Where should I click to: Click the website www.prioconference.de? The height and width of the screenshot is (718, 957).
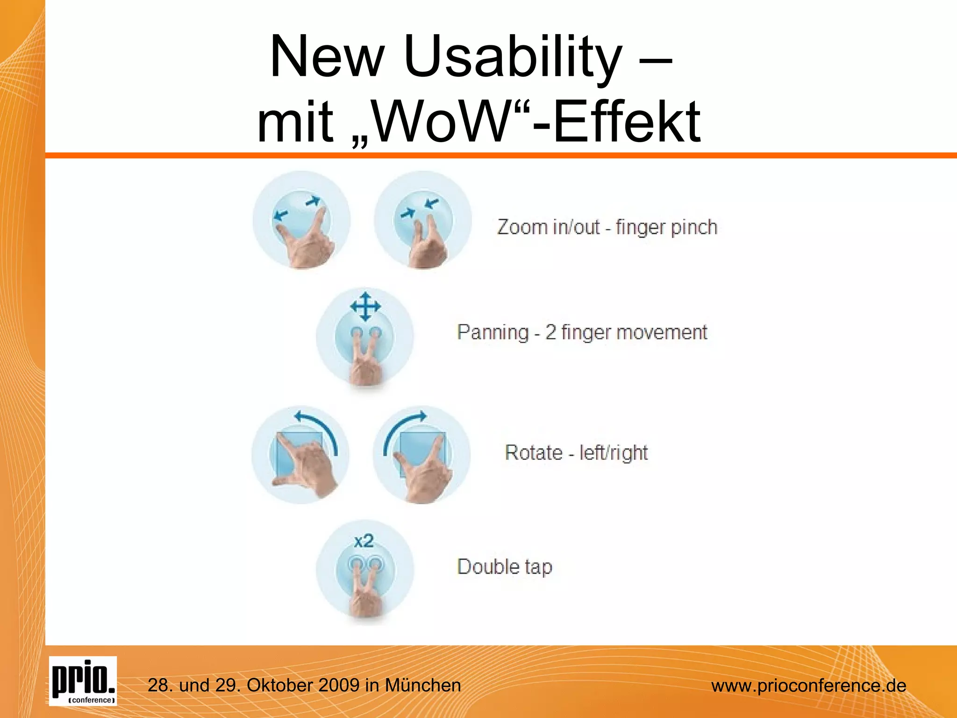[x=808, y=686]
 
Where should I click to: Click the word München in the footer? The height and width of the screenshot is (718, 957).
[x=423, y=685]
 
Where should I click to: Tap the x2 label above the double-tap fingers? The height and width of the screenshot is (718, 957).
[x=364, y=541]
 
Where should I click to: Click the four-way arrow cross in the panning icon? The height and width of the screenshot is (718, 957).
[x=365, y=307]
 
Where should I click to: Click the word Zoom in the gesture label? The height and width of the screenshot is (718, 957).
[x=521, y=227]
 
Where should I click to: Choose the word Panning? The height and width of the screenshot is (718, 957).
[x=493, y=332]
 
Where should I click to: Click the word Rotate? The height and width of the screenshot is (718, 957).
[x=534, y=452]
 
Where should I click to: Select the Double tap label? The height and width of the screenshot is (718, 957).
[x=505, y=567]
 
